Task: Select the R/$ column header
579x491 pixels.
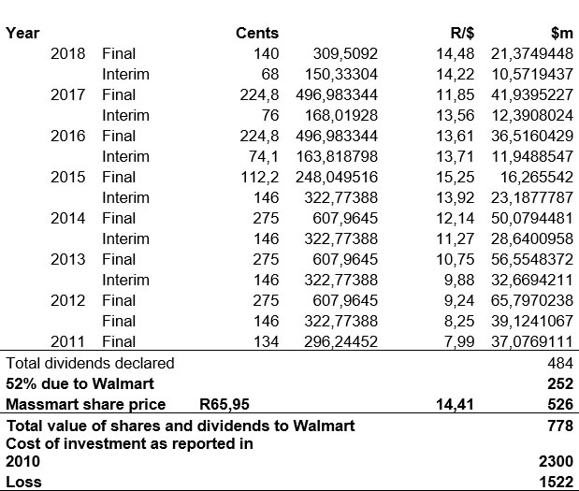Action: pyautogui.click(x=455, y=33)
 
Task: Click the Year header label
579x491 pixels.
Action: pyautogui.click(x=22, y=33)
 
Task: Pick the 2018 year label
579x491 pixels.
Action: pyautogui.click(x=68, y=53)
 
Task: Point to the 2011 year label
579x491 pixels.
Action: pyautogui.click(x=68, y=341)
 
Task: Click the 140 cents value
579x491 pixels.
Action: pyautogui.click(x=266, y=53)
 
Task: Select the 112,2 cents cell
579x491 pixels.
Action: pyautogui.click(x=259, y=177)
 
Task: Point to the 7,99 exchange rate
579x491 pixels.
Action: pyautogui.click(x=457, y=341)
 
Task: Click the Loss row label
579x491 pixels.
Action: pyautogui.click(x=23, y=482)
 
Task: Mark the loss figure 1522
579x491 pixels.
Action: pyautogui.click(x=556, y=482)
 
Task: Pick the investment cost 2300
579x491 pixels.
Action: pyautogui.click(x=556, y=462)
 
